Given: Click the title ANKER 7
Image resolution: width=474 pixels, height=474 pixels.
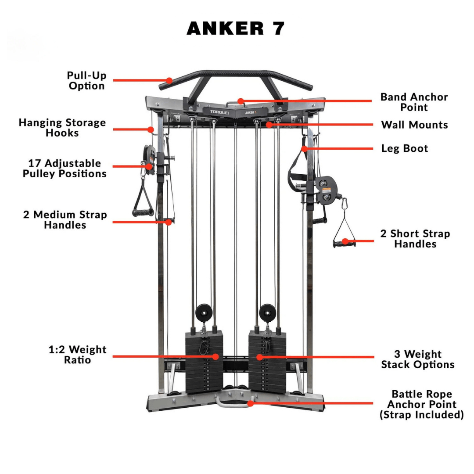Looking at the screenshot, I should tap(236, 29).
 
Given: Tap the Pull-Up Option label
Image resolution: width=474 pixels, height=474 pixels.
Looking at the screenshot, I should tap(86, 81).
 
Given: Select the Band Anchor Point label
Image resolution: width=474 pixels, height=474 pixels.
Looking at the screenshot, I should tap(414, 102).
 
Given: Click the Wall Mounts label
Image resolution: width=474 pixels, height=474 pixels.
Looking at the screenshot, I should tap(414, 125).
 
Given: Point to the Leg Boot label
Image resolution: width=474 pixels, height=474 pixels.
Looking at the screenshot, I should tap(404, 148).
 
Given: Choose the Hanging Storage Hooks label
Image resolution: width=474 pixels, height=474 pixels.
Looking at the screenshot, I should tap(62, 128).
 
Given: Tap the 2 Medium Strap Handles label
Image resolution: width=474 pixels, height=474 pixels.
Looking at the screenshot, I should tap(65, 220).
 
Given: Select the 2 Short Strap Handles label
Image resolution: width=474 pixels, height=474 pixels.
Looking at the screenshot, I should tap(415, 239).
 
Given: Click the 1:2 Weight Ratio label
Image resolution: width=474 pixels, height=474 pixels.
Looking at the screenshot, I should tap(77, 355).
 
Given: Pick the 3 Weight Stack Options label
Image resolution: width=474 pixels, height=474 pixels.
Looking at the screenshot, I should tap(417, 359).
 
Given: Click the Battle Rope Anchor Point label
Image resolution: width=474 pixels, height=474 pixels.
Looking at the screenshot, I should tap(421, 404).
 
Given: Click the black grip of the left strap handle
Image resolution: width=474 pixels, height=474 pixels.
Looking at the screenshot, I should tap(143, 213).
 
